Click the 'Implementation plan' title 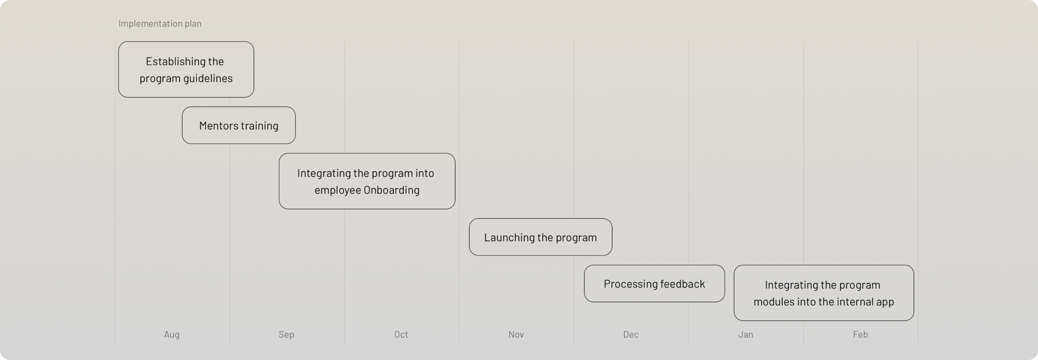point(160,23)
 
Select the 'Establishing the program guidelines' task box point(186,69)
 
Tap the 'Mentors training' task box point(238,125)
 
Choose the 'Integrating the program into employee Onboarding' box point(367,181)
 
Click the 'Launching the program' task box point(540,237)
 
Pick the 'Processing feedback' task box point(654,283)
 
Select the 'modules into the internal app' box point(824,293)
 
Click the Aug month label point(172,334)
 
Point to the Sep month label point(286,334)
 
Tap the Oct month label point(401,334)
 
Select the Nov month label point(516,334)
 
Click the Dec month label point(631,334)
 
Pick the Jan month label point(745,334)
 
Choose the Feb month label point(860,334)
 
